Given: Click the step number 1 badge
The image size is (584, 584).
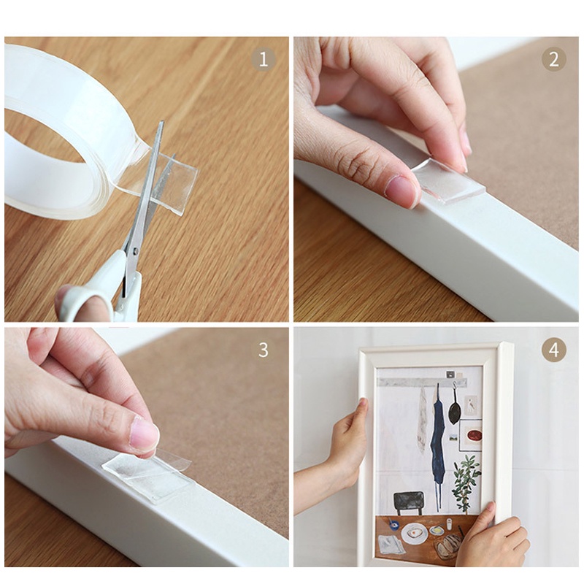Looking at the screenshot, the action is point(264,60).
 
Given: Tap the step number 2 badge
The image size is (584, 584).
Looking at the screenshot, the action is point(554,60).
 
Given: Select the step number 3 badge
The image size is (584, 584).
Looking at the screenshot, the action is point(264,350).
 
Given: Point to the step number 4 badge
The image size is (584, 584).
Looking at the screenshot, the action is point(554,350).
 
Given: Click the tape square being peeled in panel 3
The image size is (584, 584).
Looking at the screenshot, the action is point(149,476).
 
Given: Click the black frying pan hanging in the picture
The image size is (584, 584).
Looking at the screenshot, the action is point(455,409).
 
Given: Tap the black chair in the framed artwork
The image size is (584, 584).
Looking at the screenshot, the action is point(410,503).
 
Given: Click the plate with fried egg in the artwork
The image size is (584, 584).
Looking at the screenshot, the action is point(414,534).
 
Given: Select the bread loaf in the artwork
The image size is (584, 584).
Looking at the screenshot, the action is point(448,546).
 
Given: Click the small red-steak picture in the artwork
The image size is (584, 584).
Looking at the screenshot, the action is point(471,434).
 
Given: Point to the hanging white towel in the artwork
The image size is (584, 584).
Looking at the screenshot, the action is point(423,419).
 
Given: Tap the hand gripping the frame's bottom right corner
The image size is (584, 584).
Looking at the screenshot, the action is point(491,537).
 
